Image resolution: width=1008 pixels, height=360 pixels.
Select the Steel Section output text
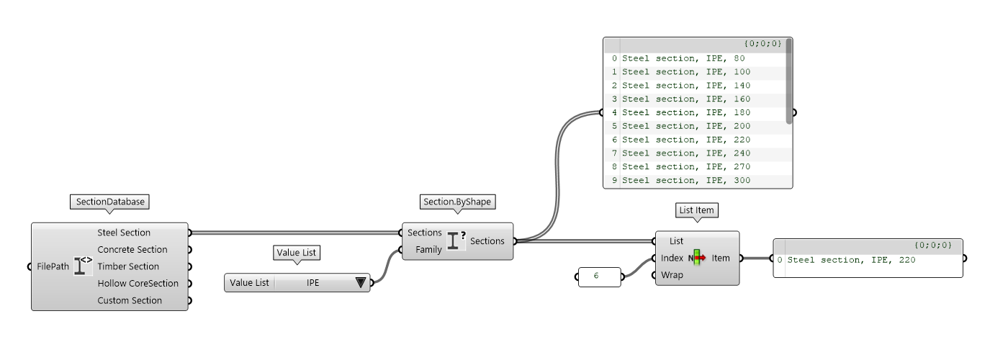coord(124,233)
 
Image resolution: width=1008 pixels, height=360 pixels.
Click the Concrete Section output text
coord(132,250)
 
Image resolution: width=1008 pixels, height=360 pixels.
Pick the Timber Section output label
coord(128,266)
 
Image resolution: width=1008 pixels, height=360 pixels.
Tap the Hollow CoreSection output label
coord(138,284)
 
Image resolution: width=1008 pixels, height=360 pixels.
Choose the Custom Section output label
coord(130,300)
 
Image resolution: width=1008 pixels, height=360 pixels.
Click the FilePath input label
coord(53,266)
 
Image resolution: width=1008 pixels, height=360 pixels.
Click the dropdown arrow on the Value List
coord(361,283)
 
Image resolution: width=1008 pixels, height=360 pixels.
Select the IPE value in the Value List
coord(313,283)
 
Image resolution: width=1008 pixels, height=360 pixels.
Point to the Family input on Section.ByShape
coord(428,250)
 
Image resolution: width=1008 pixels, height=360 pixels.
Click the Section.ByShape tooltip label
coord(457,202)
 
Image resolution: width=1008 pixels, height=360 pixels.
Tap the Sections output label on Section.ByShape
coord(487,241)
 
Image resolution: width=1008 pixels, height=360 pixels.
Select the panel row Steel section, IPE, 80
coord(683,58)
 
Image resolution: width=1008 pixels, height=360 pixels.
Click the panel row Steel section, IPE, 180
coord(685,112)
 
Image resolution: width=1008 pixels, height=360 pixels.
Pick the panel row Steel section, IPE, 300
coord(685,180)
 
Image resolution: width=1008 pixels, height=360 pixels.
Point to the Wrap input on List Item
coord(672,275)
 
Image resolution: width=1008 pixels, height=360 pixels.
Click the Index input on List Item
coord(673,258)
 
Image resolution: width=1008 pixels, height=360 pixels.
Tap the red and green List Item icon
coord(697,258)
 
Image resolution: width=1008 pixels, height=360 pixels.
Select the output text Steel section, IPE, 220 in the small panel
coord(851,260)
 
